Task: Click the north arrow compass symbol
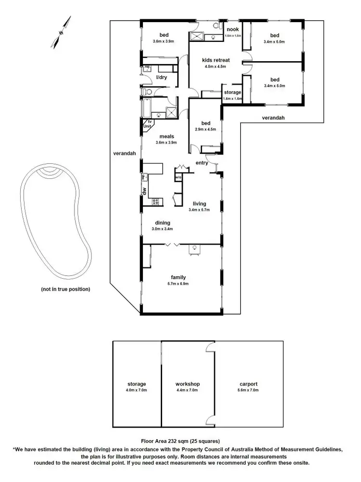[61, 33]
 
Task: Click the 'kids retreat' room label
[217, 60]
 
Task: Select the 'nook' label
[233, 29]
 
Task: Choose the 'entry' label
[202, 163]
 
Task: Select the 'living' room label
[199, 203]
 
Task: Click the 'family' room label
[179, 277]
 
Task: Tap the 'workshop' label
[188, 384]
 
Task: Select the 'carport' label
[248, 384]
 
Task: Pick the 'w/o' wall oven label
[178, 177]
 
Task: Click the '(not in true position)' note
[65, 290]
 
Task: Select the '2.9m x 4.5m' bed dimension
[205, 129]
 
